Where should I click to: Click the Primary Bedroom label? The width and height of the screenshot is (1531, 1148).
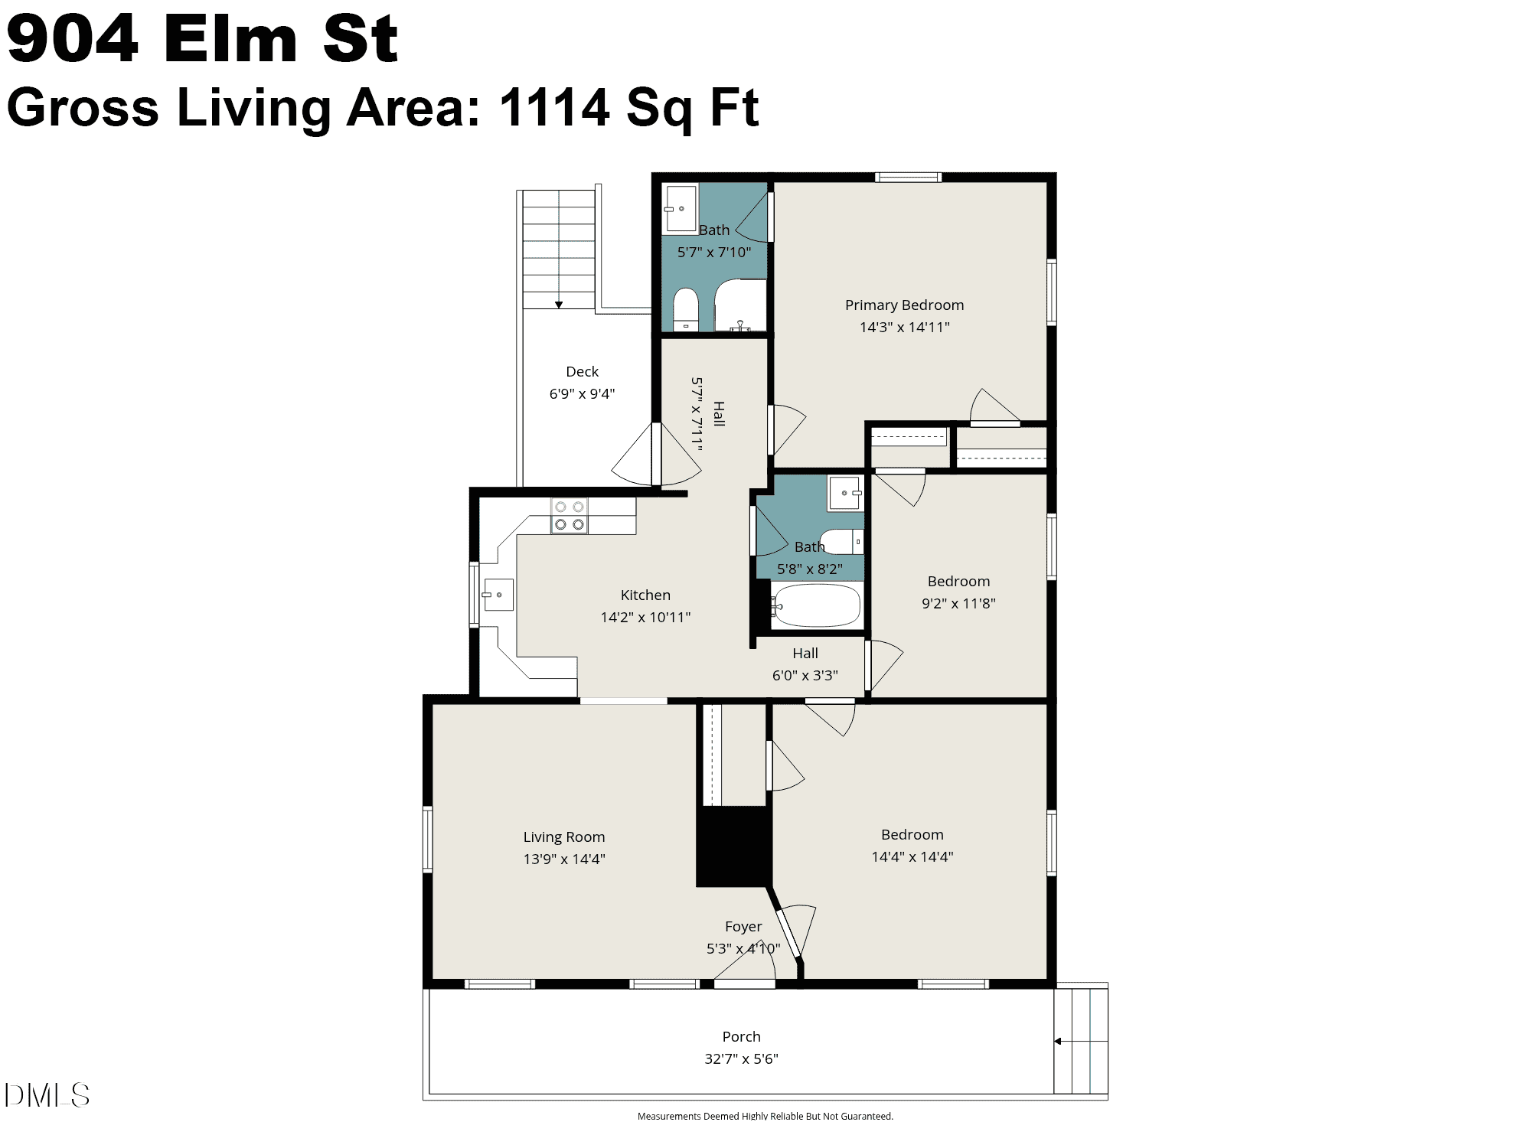click(x=904, y=305)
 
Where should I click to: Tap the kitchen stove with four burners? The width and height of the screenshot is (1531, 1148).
click(x=570, y=516)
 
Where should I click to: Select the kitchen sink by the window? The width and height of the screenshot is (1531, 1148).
click(x=498, y=595)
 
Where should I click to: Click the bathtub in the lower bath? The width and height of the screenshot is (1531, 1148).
click(x=815, y=606)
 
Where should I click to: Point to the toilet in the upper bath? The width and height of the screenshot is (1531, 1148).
click(x=686, y=309)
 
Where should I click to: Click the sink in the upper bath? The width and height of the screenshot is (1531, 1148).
click(x=680, y=207)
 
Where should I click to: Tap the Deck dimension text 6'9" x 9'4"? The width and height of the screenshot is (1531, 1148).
click(x=582, y=394)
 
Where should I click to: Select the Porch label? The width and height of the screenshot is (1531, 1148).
click(x=742, y=1037)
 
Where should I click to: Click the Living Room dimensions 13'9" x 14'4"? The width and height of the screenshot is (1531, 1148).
click(x=564, y=859)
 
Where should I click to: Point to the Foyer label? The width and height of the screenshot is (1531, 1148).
click(x=743, y=927)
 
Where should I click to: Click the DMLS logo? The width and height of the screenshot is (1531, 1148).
click(x=47, y=1095)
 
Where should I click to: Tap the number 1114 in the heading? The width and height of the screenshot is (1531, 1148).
click(x=554, y=107)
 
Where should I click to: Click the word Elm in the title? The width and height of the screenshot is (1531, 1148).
click(x=230, y=39)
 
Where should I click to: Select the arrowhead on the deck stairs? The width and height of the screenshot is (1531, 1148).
click(x=559, y=305)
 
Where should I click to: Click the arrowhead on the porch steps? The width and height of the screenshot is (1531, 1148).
click(x=1058, y=1041)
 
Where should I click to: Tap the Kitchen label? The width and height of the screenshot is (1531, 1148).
click(x=645, y=595)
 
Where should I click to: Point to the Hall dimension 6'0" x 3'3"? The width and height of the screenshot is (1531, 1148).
click(x=805, y=676)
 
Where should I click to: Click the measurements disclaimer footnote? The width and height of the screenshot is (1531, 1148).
click(x=765, y=1117)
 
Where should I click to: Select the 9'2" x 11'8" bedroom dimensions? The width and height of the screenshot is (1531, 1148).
click(x=958, y=604)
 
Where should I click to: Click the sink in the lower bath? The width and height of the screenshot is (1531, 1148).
click(x=845, y=493)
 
